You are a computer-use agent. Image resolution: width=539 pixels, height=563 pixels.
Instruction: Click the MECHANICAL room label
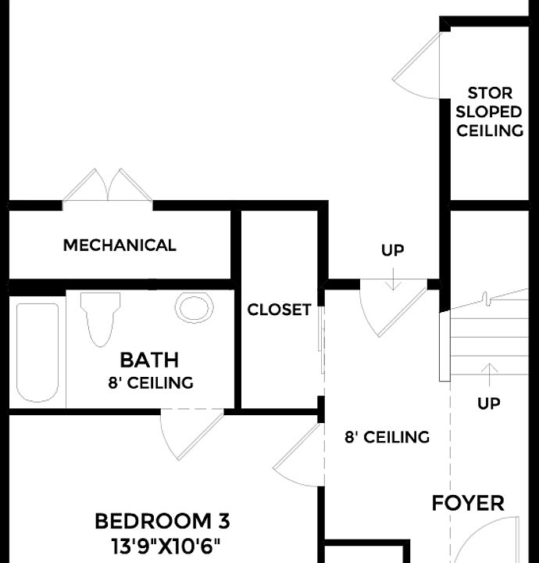120,246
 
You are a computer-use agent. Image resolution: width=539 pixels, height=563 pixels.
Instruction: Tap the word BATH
149,360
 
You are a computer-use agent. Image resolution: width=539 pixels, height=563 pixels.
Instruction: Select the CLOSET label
279,310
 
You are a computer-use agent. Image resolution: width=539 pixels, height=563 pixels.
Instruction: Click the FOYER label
468,504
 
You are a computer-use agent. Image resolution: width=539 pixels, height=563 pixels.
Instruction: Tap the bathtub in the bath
37,351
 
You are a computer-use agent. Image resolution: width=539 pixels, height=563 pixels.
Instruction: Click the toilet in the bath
100,317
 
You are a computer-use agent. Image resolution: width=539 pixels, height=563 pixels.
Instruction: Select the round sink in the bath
195,307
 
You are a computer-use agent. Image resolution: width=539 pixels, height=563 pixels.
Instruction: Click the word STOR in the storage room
490,94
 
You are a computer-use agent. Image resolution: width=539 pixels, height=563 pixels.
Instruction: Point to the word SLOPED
489,112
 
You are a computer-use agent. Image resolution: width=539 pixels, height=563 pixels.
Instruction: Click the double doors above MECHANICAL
108,186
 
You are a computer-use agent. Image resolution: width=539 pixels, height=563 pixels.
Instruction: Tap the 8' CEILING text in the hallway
387,437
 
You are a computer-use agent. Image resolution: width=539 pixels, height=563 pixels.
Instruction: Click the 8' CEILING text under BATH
151,383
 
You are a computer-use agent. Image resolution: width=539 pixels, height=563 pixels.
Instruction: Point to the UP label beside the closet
393,251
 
